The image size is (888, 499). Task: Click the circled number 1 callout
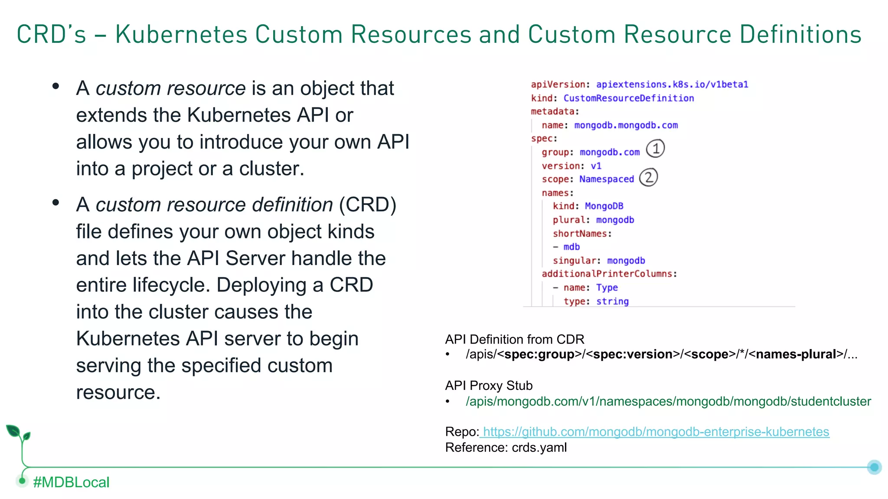coord(655,149)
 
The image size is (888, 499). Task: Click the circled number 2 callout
coord(648,177)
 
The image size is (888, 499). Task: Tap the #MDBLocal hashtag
coord(71,482)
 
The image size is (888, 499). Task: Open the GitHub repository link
coord(656,432)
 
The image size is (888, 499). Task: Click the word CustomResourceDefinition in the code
coord(628,98)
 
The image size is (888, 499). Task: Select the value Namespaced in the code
coord(606,179)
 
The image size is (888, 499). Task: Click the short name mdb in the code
coord(571,247)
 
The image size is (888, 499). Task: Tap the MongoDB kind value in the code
coord(604,206)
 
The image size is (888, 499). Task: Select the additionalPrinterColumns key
coord(607,274)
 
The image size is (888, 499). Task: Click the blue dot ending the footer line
coord(874,467)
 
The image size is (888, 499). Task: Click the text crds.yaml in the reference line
coord(539,447)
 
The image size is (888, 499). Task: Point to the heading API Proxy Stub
coord(489,386)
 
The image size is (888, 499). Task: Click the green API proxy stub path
coord(668,402)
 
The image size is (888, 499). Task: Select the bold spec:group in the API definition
coord(539,354)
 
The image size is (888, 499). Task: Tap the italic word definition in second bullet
coord(292,204)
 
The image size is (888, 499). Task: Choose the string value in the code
coord(612,301)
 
